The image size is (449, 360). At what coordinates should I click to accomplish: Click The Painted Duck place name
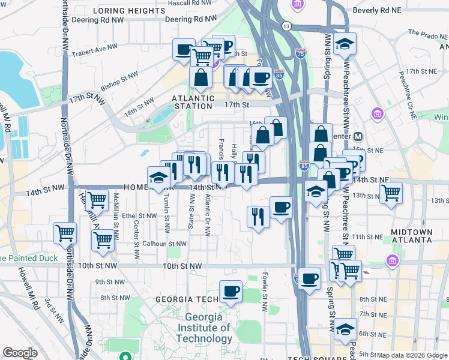coord(29,258)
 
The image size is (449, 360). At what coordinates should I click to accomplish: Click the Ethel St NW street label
coord(139,215)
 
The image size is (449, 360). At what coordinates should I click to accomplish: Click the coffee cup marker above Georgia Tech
coord(231,292)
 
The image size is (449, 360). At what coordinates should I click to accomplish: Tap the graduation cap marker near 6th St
coord(345,329)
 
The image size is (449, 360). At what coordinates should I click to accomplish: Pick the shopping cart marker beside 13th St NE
coord(391,193)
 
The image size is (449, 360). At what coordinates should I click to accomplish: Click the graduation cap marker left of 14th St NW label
coord(158,178)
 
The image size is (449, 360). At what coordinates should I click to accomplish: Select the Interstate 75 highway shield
coord(301,53)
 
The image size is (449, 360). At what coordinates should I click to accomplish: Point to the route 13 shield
coord(286,26)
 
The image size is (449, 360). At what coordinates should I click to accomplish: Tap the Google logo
coord(20,353)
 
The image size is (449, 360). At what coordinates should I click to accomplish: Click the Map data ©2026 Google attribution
coord(412,355)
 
